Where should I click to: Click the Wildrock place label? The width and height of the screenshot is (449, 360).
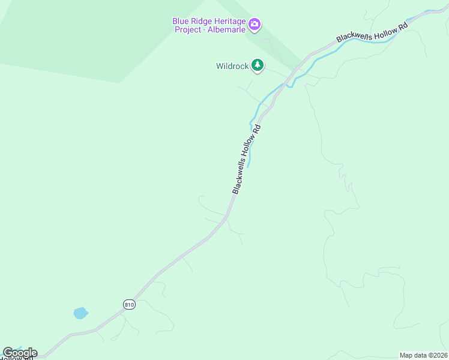click(x=232, y=66)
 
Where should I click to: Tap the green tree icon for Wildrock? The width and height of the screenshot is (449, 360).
click(x=258, y=65)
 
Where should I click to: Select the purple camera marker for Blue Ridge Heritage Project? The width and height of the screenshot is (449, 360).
click(x=255, y=25)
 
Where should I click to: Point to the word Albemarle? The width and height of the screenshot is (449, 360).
click(x=228, y=30)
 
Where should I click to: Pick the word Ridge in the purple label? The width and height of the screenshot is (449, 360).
click(x=201, y=21)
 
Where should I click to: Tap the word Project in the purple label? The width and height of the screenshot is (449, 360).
click(x=188, y=30)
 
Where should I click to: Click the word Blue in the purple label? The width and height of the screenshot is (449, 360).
click(x=181, y=21)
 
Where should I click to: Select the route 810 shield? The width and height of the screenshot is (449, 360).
click(x=129, y=304)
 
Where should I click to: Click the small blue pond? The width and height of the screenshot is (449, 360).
click(x=80, y=313)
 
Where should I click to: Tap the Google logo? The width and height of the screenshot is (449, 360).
click(x=20, y=353)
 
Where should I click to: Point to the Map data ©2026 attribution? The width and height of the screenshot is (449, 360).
click(x=424, y=355)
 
